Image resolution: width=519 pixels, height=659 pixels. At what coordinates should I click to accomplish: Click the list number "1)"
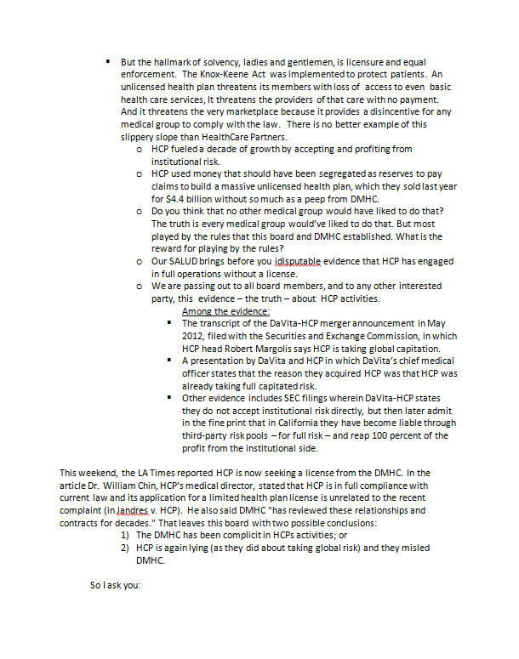pos(124,535)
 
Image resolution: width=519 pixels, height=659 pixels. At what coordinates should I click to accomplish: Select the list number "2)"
pos(124,548)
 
